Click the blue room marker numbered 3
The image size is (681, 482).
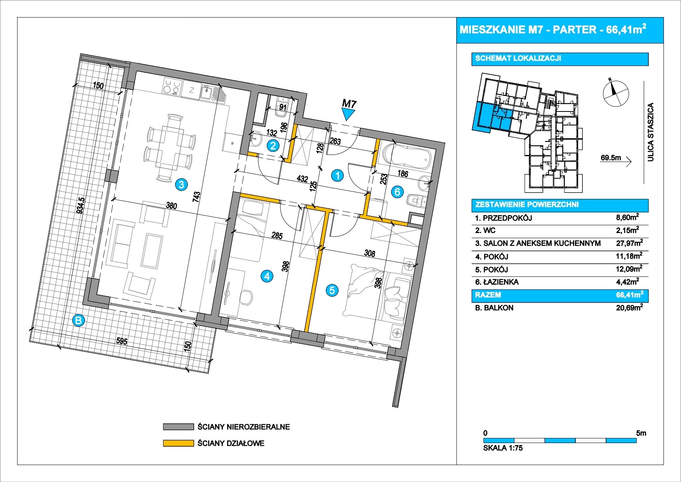pyautogui.click(x=181, y=184)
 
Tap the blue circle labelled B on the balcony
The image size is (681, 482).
pyautogui.click(x=79, y=320)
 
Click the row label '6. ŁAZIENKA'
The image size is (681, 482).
pyautogui.click(x=497, y=282)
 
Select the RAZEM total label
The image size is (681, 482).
pyautogui.click(x=488, y=295)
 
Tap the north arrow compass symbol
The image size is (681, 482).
pyautogui.click(x=615, y=92)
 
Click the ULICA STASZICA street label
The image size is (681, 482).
pyautogui.click(x=651, y=132)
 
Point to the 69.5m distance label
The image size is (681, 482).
pyautogui.click(x=611, y=158)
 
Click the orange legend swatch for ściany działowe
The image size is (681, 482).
pyautogui.click(x=178, y=443)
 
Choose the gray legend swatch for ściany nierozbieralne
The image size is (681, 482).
pyautogui.click(x=178, y=427)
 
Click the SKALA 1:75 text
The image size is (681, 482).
pyautogui.click(x=503, y=448)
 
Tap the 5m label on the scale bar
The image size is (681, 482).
pyautogui.click(x=641, y=433)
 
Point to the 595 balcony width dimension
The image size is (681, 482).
pyautogui.click(x=122, y=341)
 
